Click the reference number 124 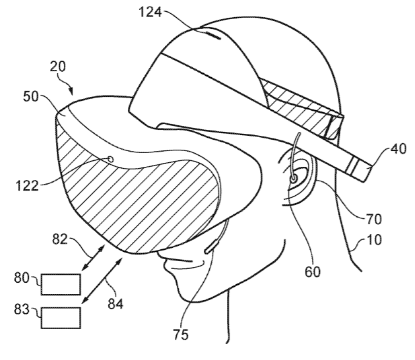(150, 13)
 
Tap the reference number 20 (57, 67)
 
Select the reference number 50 (31, 96)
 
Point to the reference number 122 (27, 186)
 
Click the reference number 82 (60, 239)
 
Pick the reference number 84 (115, 304)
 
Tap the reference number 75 (181, 334)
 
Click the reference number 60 (313, 272)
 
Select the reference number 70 (373, 220)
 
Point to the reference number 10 (374, 240)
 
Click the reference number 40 (399, 150)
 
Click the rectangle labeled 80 (61, 284)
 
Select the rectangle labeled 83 (61, 318)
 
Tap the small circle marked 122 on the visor (111, 160)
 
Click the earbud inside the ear (294, 179)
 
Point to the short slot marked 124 (212, 36)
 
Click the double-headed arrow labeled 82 (94, 257)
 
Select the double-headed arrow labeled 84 (102, 281)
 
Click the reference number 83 (22, 309)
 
